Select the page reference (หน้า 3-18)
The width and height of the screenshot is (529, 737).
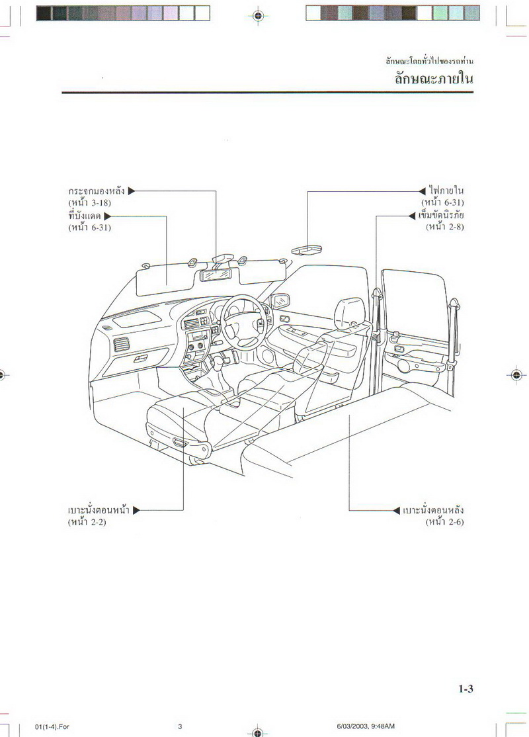click(94, 202)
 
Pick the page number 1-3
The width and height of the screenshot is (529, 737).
click(466, 689)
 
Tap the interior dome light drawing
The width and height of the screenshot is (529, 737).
click(306, 249)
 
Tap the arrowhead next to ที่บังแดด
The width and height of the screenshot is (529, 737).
click(107, 216)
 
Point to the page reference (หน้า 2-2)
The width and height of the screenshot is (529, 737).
click(87, 523)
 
